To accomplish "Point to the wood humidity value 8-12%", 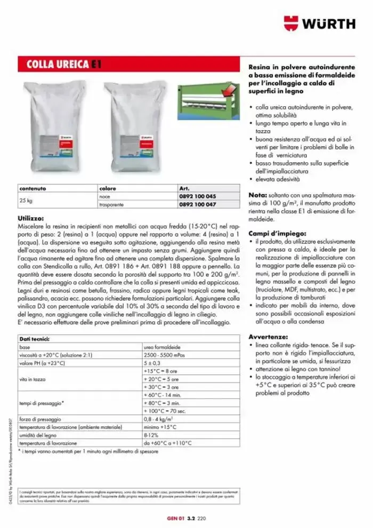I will (152, 435).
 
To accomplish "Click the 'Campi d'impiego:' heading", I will (277, 234).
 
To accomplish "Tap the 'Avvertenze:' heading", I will (269, 337).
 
